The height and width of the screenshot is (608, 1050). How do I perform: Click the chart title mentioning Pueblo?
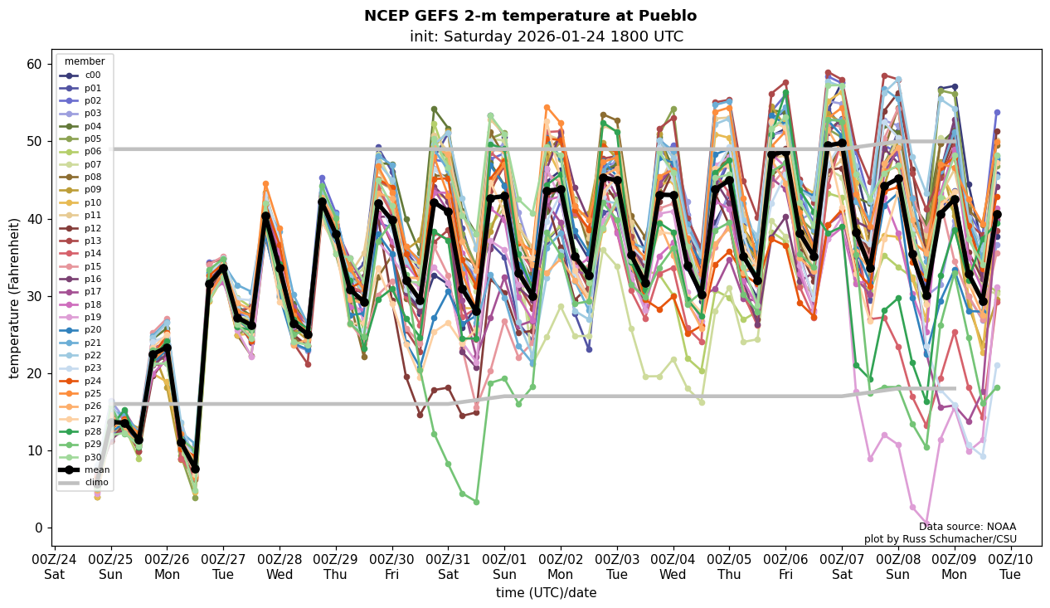click(530, 16)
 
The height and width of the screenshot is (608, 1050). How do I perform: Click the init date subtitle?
click(547, 36)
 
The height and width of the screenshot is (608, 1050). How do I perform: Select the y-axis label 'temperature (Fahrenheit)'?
click(15, 298)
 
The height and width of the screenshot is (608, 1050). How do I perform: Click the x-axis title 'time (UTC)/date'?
click(546, 592)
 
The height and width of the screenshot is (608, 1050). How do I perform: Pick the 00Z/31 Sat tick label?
click(448, 566)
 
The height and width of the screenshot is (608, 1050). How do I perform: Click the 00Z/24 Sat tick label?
click(55, 566)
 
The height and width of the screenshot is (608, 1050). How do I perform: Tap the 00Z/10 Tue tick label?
click(1010, 566)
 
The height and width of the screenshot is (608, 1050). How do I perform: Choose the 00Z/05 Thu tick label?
click(729, 566)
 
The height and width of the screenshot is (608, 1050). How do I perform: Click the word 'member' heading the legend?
click(85, 61)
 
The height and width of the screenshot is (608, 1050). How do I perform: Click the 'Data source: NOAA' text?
click(967, 527)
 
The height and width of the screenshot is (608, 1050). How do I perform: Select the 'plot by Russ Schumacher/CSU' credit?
click(940, 539)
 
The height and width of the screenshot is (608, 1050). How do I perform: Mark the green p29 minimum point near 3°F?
click(476, 502)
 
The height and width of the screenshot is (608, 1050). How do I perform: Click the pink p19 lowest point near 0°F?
click(926, 524)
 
